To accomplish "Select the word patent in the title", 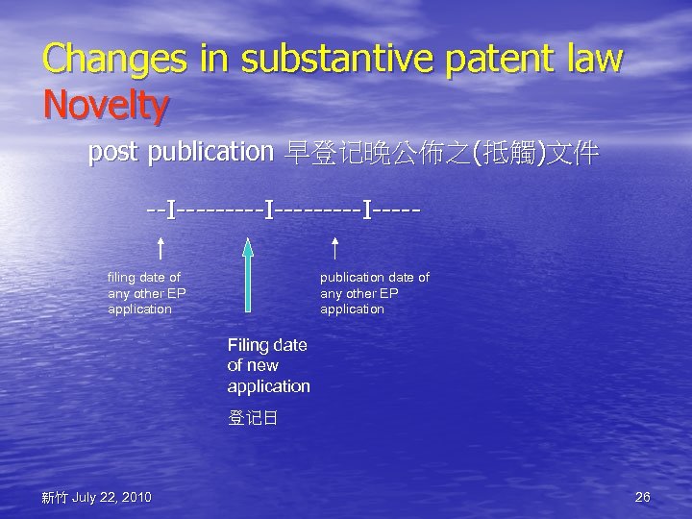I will coord(498,60).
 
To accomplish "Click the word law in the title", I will coord(595,60).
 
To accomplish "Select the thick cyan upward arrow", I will coord(248,274).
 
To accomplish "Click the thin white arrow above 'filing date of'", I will coord(160,249).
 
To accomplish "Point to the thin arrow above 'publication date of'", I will coord(334,249).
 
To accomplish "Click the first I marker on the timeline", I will coord(170,208).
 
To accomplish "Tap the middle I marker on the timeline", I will coord(268,208).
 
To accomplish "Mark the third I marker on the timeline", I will coord(366,208).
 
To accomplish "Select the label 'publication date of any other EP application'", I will coord(374,293).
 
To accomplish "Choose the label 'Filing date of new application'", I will coord(268,366).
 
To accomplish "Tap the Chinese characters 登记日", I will coord(253,419).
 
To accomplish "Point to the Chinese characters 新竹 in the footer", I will coord(54,497).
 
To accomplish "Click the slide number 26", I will coord(643,497).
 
